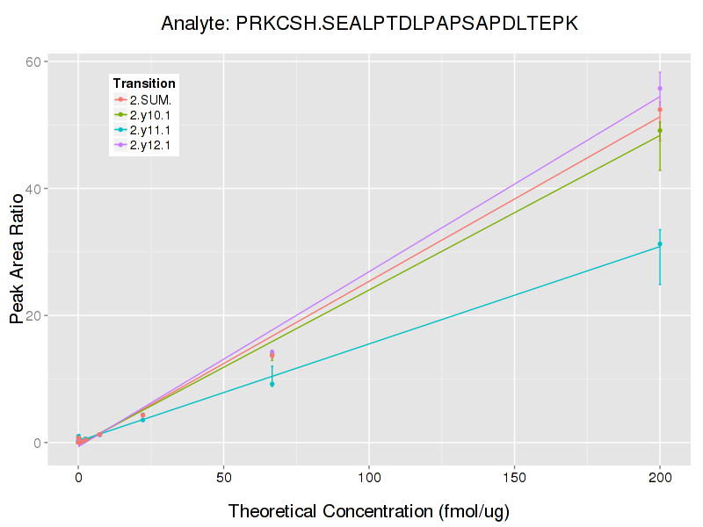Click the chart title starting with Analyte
tap(369, 24)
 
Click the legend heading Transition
tap(144, 83)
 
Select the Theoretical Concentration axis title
tap(369, 511)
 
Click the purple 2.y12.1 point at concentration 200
tap(660, 89)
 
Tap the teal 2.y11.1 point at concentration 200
tap(660, 244)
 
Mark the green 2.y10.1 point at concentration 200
tap(660, 131)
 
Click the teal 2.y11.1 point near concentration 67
tap(272, 384)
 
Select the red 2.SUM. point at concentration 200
tap(660, 110)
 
